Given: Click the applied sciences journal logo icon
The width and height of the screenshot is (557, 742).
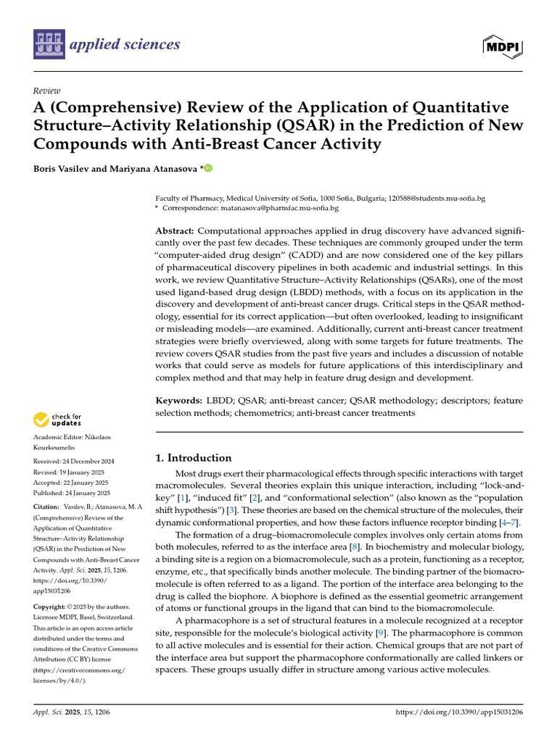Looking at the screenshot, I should tap(49, 45).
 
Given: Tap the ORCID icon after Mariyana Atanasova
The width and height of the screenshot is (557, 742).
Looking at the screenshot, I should tap(208, 169).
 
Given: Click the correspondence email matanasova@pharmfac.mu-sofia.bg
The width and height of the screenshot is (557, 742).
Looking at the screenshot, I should tap(279, 208).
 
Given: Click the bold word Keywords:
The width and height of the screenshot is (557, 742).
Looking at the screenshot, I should tap(179, 400).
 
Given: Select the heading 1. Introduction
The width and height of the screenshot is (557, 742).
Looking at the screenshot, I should tap(194, 458).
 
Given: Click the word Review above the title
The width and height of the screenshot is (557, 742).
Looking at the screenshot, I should tap(46, 91).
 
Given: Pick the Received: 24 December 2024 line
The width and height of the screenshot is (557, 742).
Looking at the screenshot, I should tap(74, 461).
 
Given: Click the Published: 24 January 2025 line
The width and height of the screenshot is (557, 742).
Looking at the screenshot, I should tap(73, 493).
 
